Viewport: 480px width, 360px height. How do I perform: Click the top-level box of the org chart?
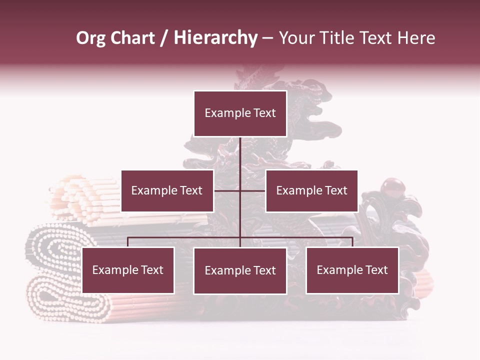240,113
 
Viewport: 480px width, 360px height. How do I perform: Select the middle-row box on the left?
167,190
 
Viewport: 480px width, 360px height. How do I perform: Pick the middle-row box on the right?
311,190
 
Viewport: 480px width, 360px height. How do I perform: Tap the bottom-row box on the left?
128,270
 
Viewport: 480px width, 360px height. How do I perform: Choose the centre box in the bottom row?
240,270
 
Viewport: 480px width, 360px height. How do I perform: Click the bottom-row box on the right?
352,270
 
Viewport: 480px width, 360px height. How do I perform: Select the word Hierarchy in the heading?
215,38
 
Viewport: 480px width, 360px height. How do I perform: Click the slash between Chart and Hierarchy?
164,38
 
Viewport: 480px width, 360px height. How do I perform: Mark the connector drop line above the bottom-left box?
128,242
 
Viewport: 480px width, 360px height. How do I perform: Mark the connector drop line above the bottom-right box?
352,242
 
